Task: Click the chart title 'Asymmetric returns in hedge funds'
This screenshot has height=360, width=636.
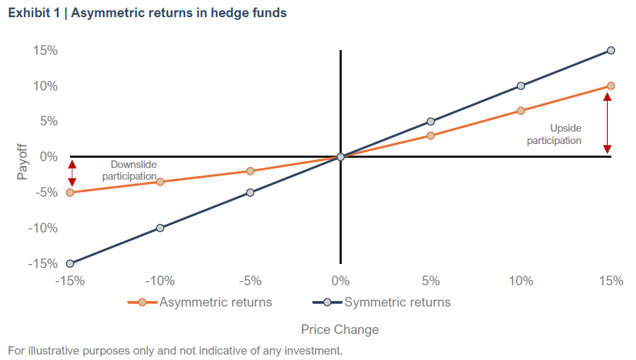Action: (x=147, y=14)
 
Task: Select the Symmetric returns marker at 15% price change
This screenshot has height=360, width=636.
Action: (x=611, y=51)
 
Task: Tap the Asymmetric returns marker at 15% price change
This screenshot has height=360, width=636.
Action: (x=611, y=86)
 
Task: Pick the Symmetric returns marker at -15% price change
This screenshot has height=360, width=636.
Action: (x=70, y=263)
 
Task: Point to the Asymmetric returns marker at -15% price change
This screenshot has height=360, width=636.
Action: (x=70, y=193)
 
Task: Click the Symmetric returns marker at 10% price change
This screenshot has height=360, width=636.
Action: (x=521, y=86)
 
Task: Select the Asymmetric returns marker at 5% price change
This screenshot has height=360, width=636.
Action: (x=431, y=136)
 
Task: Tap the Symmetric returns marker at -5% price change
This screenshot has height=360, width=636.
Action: (x=250, y=193)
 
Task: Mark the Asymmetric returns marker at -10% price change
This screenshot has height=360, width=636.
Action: (x=161, y=182)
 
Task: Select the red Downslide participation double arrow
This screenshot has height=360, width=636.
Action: (x=72, y=173)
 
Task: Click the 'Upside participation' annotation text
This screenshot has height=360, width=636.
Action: (x=554, y=134)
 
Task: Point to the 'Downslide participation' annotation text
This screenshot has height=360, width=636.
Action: (x=130, y=171)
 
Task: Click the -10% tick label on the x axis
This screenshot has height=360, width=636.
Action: (x=161, y=281)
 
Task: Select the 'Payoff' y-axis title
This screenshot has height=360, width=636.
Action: (x=23, y=161)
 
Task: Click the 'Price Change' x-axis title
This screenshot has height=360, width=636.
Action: (x=340, y=330)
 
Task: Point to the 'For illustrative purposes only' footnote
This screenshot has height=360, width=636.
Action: (x=175, y=350)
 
